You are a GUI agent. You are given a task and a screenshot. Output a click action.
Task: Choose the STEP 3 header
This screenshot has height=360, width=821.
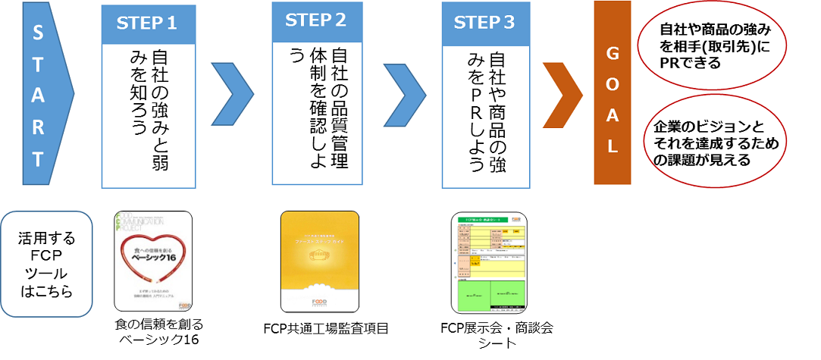point(484,23)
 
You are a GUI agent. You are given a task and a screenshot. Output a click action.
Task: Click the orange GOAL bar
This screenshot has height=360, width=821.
point(612,92)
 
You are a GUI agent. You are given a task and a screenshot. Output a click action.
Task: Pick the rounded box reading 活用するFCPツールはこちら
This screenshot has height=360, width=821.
point(47,265)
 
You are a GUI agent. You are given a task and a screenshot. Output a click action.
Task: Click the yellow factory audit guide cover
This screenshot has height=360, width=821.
point(318,262)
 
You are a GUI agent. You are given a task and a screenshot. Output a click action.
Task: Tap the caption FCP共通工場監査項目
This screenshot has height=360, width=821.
point(321,328)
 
